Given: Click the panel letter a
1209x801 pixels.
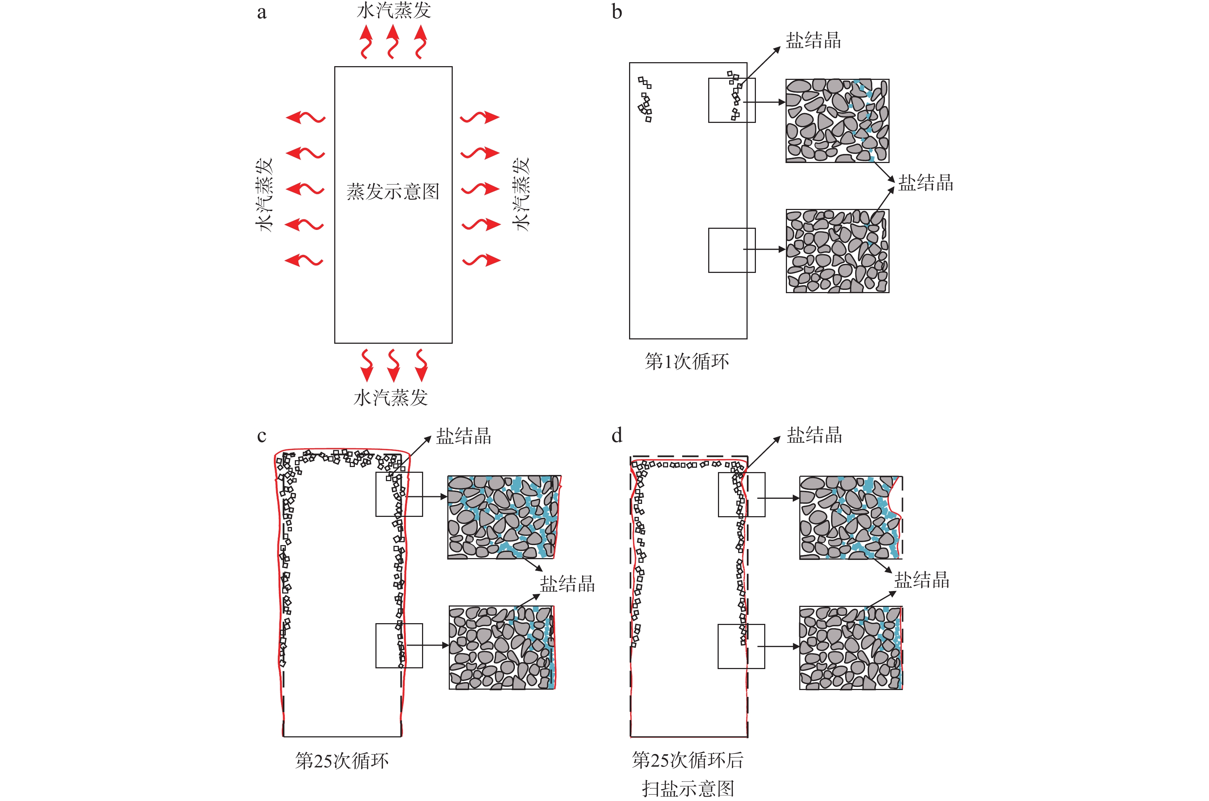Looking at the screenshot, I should pyautogui.click(x=261, y=12).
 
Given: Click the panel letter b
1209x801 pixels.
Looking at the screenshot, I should pyautogui.click(x=617, y=12).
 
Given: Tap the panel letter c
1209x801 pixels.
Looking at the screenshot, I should pyautogui.click(x=261, y=436).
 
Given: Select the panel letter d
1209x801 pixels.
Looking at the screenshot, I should pyautogui.click(x=617, y=436).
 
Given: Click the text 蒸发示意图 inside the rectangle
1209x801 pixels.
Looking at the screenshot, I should pyautogui.click(x=393, y=192).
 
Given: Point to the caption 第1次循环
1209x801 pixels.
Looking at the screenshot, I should pyautogui.click(x=687, y=361).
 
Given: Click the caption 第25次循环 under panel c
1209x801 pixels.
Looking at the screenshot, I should pyautogui.click(x=341, y=761).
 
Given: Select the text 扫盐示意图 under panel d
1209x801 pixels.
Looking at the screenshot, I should pyautogui.click(x=688, y=788).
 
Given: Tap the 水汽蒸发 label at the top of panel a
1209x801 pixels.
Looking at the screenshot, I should pyautogui.click(x=393, y=10).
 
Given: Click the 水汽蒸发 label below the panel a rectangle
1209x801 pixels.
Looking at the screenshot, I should pyautogui.click(x=391, y=398).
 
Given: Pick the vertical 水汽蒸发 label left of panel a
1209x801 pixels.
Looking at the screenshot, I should pyautogui.click(x=264, y=194).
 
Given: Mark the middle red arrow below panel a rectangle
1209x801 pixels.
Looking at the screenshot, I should pyautogui.click(x=393, y=365).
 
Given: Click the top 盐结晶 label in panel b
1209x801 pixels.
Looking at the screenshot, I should pyautogui.click(x=813, y=40).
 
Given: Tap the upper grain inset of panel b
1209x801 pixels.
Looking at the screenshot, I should pyautogui.click(x=837, y=121).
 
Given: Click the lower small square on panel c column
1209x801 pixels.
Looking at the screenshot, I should pyautogui.click(x=399, y=645).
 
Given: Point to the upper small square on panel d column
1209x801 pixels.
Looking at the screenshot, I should pyautogui.click(x=741, y=494).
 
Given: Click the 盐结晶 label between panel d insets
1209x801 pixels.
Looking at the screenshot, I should pyautogui.click(x=921, y=580).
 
